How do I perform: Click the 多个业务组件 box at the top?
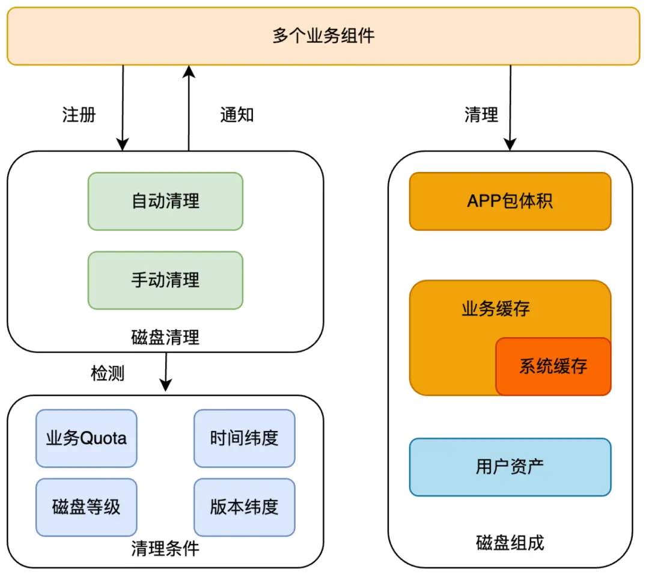coord(323,36)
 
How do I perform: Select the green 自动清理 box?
coord(165,201)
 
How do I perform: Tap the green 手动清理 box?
coord(165,280)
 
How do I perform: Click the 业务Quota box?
coord(87,438)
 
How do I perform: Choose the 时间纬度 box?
coord(244,438)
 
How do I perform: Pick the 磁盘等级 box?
coord(87,507)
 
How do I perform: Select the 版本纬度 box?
coord(244,507)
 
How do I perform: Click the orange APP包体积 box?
coord(510,201)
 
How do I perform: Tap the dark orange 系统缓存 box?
coord(553,366)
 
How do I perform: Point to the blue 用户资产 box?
coord(510,467)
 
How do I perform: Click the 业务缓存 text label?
coord(496,309)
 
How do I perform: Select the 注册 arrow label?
coord(79,114)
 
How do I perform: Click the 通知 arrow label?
coord(237,114)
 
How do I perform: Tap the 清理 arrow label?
coord(481,114)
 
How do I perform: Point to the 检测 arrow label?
coord(108,373)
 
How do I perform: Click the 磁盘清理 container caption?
coord(165,337)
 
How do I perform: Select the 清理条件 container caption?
coord(165,548)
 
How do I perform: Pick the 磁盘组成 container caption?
coord(510,543)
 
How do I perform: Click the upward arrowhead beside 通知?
coord(189,72)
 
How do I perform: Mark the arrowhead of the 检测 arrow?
coord(165,385)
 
